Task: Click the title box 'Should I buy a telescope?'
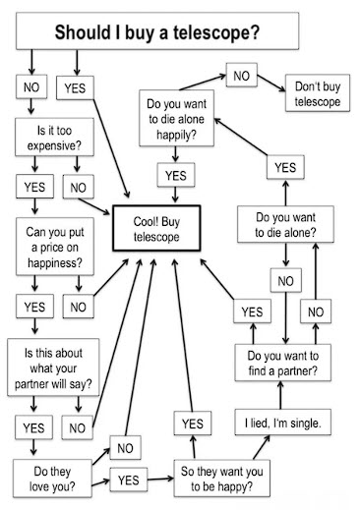(157, 31)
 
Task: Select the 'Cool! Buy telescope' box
(156, 228)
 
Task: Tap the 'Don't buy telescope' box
(318, 93)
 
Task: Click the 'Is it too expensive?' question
(54, 137)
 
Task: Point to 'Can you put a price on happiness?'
(55, 247)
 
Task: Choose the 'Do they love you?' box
(52, 479)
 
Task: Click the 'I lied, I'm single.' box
(283, 422)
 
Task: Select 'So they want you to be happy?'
(222, 479)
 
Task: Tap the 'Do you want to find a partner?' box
(283, 363)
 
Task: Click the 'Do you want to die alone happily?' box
(176, 118)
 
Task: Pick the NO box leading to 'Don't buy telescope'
(242, 76)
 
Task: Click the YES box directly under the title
(75, 87)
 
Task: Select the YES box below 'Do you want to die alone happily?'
(176, 175)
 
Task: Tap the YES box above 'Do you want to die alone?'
(285, 167)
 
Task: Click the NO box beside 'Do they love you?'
(125, 447)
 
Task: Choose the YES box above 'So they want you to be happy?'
(193, 424)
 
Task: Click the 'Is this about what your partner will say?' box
(53, 368)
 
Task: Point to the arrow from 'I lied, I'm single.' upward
(280, 395)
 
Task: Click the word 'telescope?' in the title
(216, 32)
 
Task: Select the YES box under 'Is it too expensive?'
(34, 187)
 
